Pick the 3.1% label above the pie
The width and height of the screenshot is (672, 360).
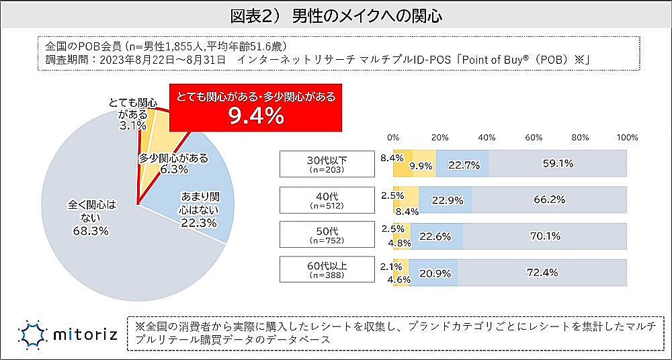pos(132,126)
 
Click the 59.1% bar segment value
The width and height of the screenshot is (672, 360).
pos(557,163)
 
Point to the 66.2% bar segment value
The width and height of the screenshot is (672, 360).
pos(549,199)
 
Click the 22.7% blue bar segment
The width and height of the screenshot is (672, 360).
pos(463,163)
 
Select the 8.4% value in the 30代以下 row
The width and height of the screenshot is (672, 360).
pos(391,158)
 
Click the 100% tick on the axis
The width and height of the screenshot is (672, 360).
pos(627,137)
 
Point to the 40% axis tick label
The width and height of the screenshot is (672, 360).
pos(487,137)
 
